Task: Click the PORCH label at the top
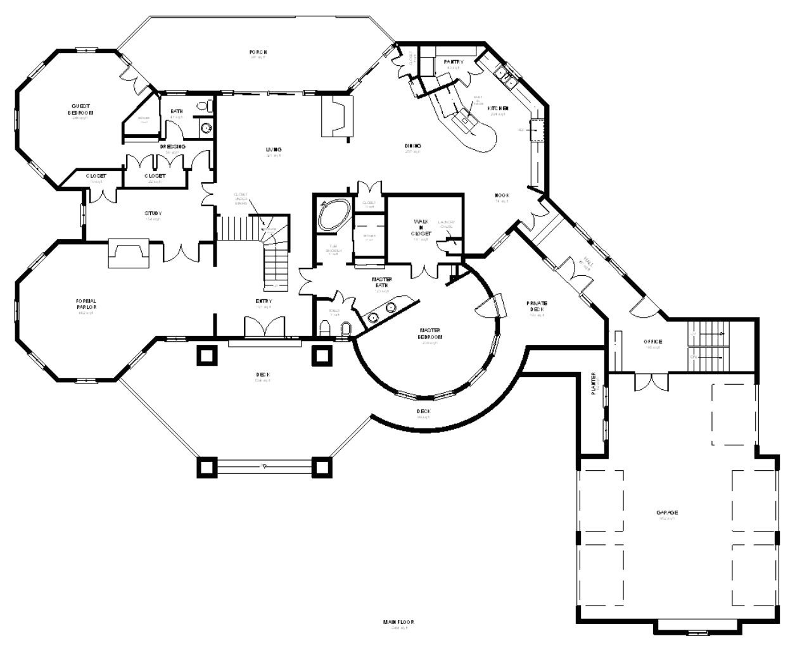pyautogui.click(x=257, y=52)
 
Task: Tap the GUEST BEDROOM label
pyautogui.click(x=80, y=109)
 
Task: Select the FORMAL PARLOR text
pyautogui.click(x=86, y=304)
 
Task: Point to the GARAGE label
pyautogui.click(x=667, y=513)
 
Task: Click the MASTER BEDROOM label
pyautogui.click(x=430, y=333)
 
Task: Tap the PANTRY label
pyautogui.click(x=454, y=62)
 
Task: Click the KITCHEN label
pyautogui.click(x=497, y=109)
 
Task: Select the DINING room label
pyautogui.click(x=413, y=146)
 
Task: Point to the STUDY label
pyautogui.click(x=153, y=213)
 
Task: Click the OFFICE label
pyautogui.click(x=652, y=342)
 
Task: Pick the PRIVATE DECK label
pyautogui.click(x=537, y=306)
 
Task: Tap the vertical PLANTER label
pyautogui.click(x=594, y=383)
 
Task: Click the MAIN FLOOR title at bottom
pyautogui.click(x=398, y=622)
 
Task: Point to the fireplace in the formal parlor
pyautogui.click(x=129, y=254)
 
